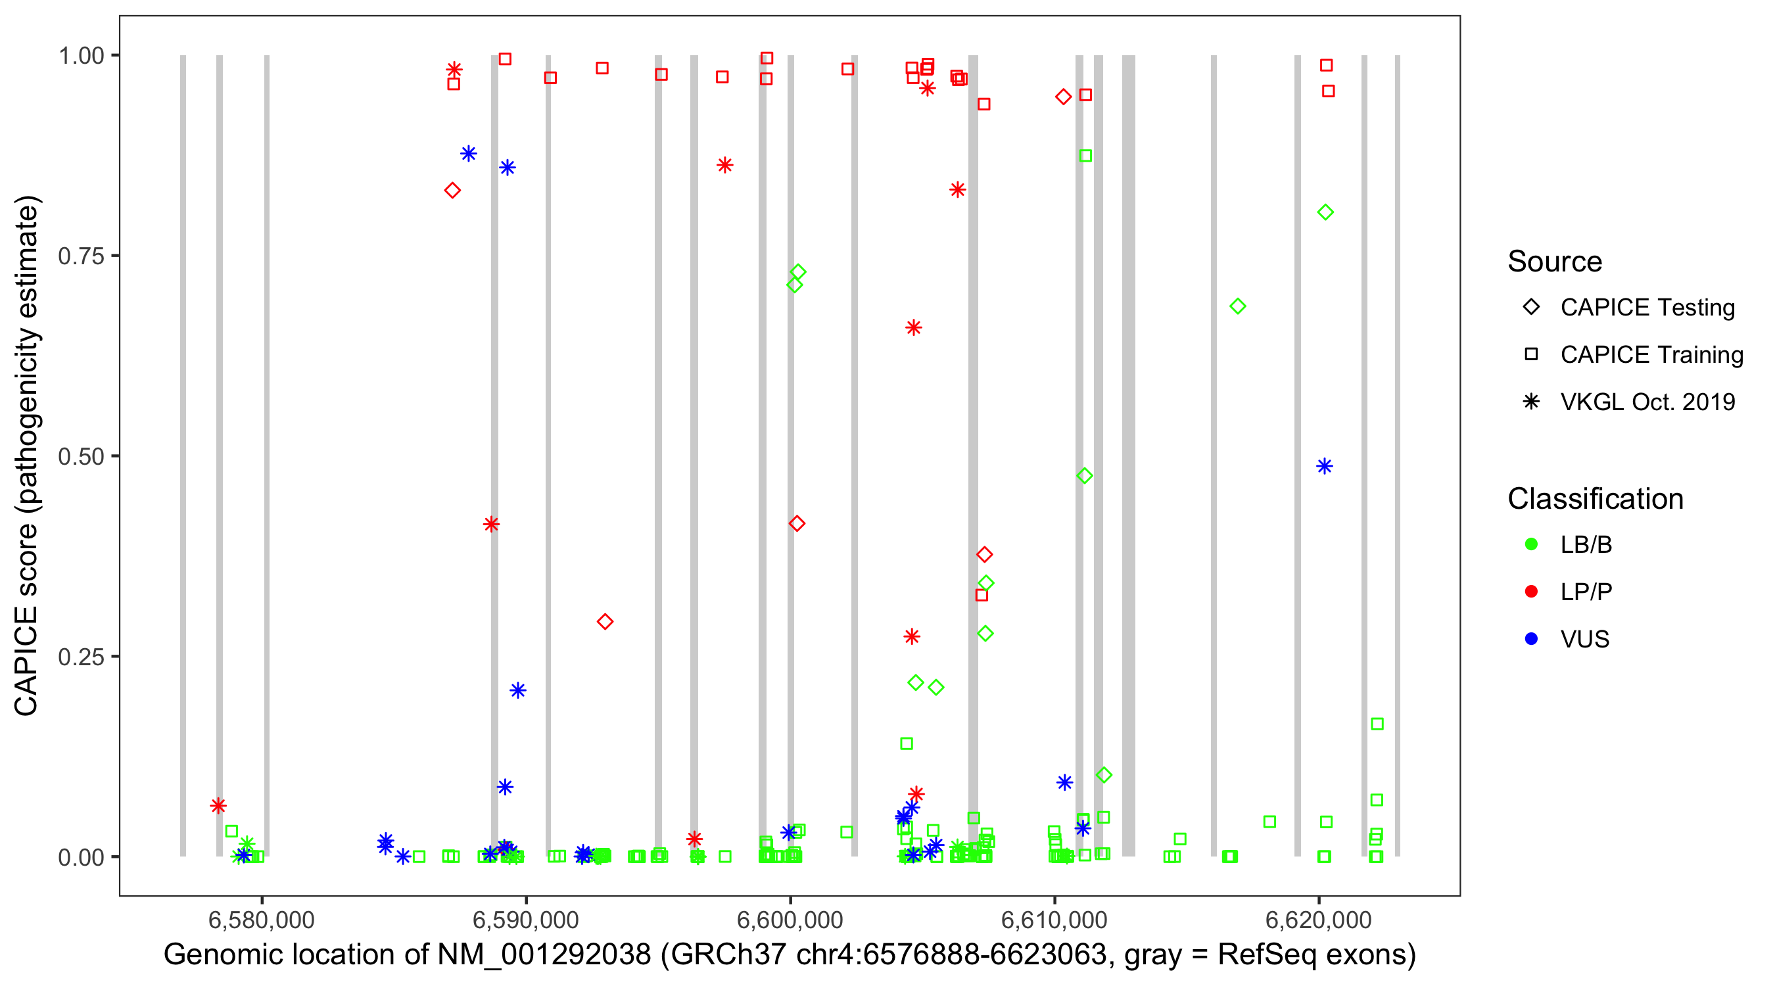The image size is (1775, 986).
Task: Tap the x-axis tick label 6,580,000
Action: click(261, 920)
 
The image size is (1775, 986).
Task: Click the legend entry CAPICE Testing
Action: click(1647, 308)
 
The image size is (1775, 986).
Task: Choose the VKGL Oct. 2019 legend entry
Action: click(1647, 402)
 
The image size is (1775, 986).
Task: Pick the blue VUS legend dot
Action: click(1532, 639)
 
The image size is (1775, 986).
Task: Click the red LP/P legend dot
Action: click(1532, 592)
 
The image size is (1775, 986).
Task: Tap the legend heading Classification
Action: click(1595, 499)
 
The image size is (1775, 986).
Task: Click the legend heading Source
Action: click(1555, 262)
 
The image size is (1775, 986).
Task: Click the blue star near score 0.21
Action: click(518, 690)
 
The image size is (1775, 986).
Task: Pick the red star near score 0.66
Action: click(914, 328)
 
